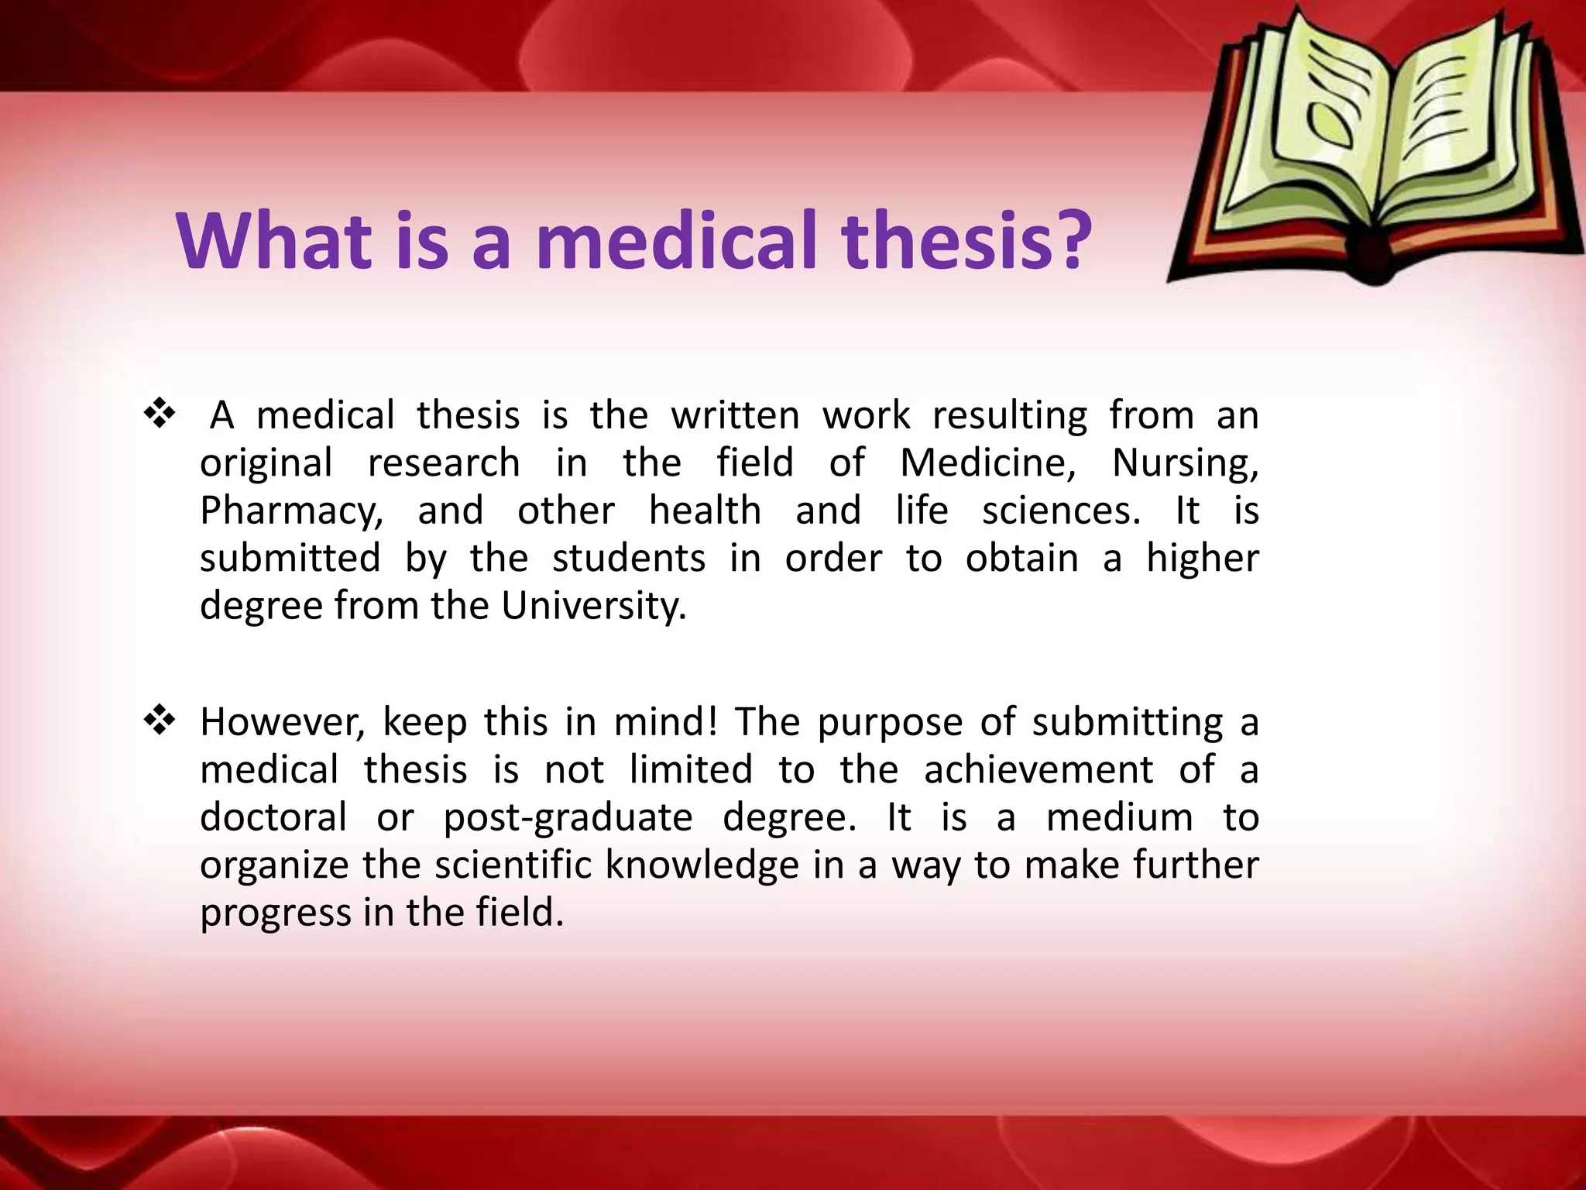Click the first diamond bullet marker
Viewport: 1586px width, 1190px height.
(160, 414)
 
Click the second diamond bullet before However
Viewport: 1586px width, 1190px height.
(160, 721)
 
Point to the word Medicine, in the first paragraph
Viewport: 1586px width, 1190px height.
(988, 463)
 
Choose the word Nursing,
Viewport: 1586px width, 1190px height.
(1185, 463)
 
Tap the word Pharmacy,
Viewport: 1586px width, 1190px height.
(291, 511)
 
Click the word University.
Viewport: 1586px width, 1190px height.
(594, 606)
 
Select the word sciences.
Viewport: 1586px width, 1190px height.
(1061, 511)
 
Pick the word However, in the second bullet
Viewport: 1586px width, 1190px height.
(282, 722)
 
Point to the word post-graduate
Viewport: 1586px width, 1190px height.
(568, 818)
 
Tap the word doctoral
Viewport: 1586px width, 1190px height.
(273, 818)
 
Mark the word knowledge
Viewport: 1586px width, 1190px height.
(702, 865)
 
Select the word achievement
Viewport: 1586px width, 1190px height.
(1038, 770)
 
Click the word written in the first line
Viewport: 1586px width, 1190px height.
(735, 415)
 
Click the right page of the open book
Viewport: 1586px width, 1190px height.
(1464, 124)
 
